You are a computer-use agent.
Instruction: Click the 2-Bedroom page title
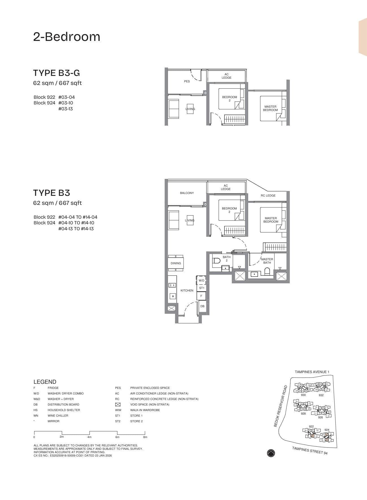pos(67,37)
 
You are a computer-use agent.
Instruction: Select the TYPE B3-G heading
pos(56,73)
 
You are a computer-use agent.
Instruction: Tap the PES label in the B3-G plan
pos(187,81)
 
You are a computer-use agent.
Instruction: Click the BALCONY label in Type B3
pos(187,193)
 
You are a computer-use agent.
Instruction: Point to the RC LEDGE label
pos(268,196)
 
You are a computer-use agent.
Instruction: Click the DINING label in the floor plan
pos(176,263)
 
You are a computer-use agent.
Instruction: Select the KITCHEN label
pos(187,290)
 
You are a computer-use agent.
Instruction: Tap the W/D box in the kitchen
pos(201,280)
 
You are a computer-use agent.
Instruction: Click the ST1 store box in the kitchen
pos(202,288)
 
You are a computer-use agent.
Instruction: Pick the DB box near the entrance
pos(202,306)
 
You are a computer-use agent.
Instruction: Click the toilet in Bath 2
pos(216,260)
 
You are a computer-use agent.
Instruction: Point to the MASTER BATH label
pos(267,261)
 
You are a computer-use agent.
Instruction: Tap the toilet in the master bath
pos(267,271)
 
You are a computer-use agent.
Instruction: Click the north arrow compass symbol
pos(271,453)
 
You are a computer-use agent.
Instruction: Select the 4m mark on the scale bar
pos(89,437)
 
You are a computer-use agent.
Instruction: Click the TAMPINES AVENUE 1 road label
pos(312,372)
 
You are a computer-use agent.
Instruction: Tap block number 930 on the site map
pos(303,395)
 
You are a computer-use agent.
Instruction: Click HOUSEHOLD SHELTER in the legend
pos(64,410)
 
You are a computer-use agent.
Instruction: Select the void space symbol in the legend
pos(118,405)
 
